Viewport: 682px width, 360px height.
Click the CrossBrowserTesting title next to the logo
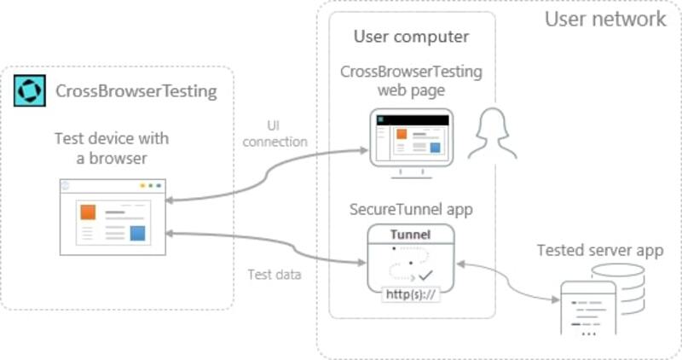pos(136,90)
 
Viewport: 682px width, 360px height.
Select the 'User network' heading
pos(605,19)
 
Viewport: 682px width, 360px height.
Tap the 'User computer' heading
pos(411,37)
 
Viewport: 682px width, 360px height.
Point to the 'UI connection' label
pos(275,134)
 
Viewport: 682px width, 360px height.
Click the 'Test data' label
pos(275,274)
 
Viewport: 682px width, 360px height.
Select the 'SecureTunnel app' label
pos(411,209)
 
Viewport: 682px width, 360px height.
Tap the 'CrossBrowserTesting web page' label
pos(411,81)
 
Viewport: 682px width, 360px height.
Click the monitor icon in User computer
pos(411,142)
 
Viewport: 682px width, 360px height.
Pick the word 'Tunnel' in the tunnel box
pos(410,235)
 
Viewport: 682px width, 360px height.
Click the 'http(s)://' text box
pos(410,295)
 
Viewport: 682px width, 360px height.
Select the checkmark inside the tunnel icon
pos(425,276)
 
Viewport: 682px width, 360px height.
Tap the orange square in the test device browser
pos(88,212)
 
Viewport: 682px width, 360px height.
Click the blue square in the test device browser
pos(136,233)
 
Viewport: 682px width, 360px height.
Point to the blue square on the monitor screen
pos(435,148)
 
